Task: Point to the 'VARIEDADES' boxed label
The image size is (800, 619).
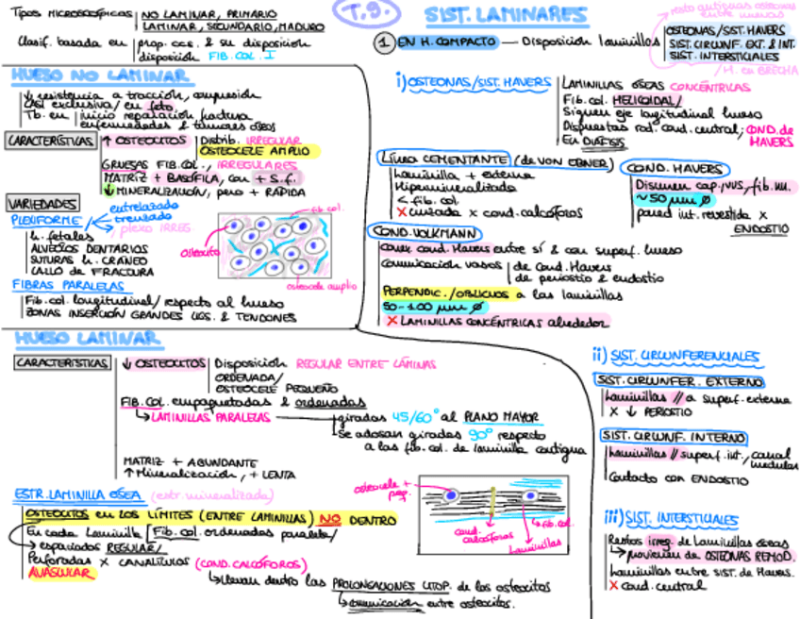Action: click(x=42, y=204)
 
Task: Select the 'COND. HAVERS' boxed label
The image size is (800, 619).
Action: click(x=675, y=168)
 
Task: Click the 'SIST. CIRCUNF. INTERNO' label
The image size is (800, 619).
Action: click(x=673, y=437)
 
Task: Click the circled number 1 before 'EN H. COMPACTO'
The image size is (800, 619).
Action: click(x=383, y=43)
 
